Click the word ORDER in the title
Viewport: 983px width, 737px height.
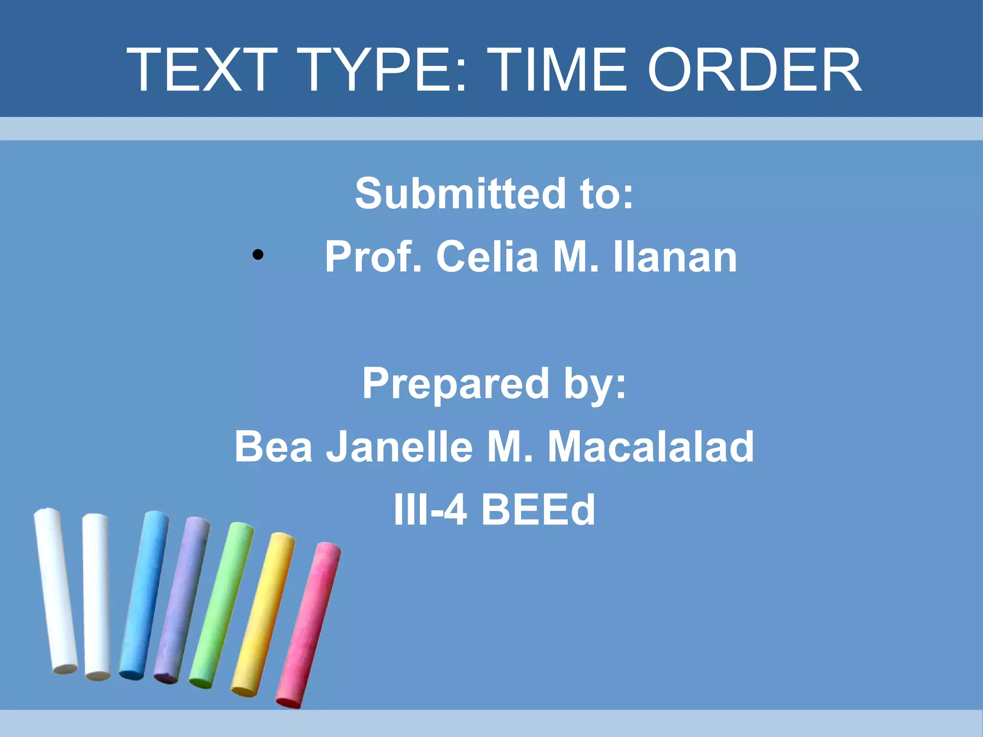click(x=755, y=70)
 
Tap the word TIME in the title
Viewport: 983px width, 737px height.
click(x=559, y=70)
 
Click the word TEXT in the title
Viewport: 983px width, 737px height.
click(x=202, y=70)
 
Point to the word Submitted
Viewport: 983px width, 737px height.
click(x=460, y=193)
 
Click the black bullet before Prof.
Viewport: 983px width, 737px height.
click(x=258, y=255)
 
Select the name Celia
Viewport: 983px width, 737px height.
click(x=487, y=257)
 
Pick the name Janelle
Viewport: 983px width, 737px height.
click(x=399, y=447)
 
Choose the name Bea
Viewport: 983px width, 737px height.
click(x=273, y=447)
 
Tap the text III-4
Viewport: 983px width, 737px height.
click(x=430, y=510)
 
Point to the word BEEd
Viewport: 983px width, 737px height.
click(x=538, y=510)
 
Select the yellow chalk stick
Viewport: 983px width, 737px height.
click(x=263, y=614)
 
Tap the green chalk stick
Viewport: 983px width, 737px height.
click(x=221, y=605)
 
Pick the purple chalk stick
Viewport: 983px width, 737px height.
click(x=182, y=600)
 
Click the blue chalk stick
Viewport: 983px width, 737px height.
click(x=144, y=595)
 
